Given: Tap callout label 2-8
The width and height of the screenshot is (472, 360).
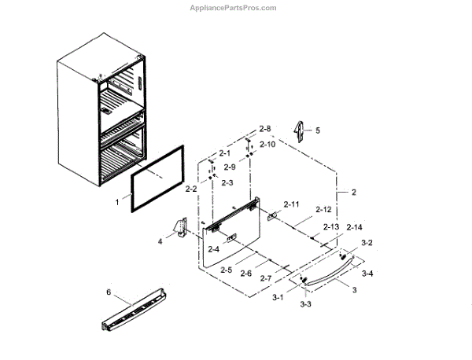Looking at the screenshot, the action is coord(265,127).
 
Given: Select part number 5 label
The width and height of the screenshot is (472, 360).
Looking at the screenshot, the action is coord(318,130).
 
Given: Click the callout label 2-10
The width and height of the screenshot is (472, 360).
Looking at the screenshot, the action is coord(267,145).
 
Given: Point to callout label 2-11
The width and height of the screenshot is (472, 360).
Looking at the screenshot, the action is coord(291,204).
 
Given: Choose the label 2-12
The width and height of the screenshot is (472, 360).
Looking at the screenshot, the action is coord(323,210).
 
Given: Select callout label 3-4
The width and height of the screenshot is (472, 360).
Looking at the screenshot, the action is coord(367,274).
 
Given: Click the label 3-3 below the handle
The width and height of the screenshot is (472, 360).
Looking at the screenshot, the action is coord(304,303).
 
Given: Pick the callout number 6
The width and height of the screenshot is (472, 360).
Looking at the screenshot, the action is coord(109,292).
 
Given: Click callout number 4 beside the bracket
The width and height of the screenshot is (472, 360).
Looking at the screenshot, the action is coord(160,241).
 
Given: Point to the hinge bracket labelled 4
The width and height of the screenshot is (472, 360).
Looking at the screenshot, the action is coord(180,228).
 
